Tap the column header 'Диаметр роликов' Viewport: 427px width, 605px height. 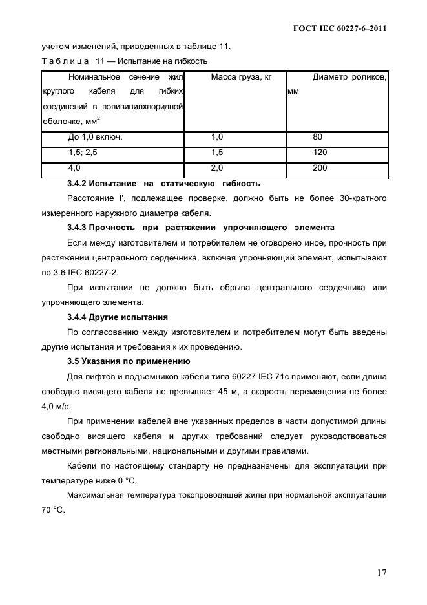[x=349, y=78]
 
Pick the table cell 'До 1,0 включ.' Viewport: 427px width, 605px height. [x=95, y=137]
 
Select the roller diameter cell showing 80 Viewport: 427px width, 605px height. [x=317, y=137]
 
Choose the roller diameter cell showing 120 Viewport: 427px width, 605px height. [x=319, y=153]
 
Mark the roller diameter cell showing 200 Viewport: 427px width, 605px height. [x=319, y=168]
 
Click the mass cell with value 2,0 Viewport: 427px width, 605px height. [x=217, y=168]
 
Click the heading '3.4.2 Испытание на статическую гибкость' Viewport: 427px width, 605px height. [x=163, y=183]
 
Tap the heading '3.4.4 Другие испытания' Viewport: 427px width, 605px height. [x=118, y=317]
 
